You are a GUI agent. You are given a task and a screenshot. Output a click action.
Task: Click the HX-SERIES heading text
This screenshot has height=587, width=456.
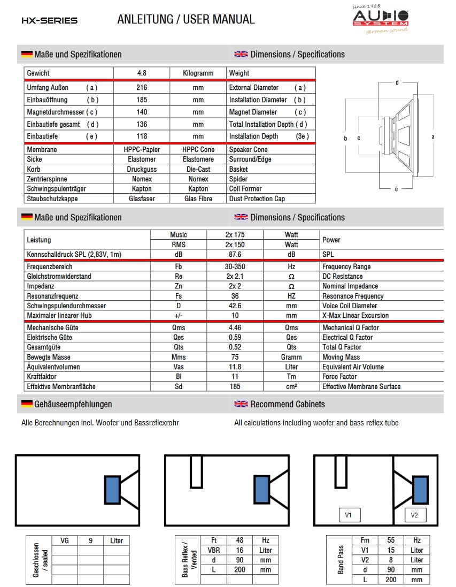pyautogui.click(x=49, y=20)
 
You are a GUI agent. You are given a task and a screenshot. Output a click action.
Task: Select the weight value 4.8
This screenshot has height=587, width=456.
pyautogui.click(x=141, y=73)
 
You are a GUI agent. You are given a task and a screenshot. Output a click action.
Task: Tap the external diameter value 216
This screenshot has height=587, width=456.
pyautogui.click(x=141, y=87)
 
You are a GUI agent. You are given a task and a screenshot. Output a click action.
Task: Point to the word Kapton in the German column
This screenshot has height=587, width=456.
pyautogui.click(x=141, y=189)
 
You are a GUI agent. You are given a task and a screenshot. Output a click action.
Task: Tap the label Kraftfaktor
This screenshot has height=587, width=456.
pyautogui.click(x=42, y=377)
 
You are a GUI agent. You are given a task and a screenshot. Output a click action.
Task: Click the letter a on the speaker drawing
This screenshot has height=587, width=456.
pyautogui.click(x=432, y=136)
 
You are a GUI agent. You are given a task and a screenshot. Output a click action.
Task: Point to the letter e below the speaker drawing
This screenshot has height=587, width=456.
pyautogui.click(x=396, y=189)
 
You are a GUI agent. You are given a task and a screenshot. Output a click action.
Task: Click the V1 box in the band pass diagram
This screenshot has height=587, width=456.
pyautogui.click(x=349, y=515)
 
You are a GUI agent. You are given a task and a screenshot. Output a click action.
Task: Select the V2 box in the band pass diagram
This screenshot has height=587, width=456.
pyautogui.click(x=414, y=515)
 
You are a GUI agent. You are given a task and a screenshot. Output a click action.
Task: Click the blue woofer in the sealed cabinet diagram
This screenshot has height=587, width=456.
pyautogui.click(x=112, y=490)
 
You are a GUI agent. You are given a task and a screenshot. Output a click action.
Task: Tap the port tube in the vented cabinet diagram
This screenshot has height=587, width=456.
pyautogui.click(x=196, y=471)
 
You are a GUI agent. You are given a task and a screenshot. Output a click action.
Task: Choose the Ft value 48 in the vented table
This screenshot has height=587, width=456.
pyautogui.click(x=239, y=540)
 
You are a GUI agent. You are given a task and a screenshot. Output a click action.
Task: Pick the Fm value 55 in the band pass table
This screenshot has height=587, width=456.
pyautogui.click(x=391, y=540)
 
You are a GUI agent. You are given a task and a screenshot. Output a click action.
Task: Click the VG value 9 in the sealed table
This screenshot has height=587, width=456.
pyautogui.click(x=90, y=540)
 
